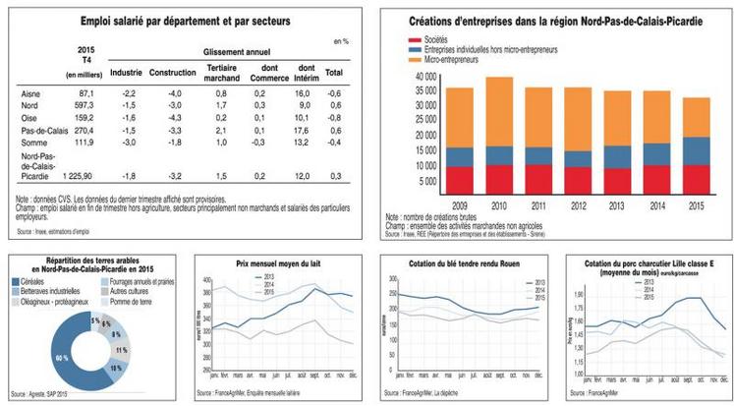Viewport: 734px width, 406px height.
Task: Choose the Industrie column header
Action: point(126,73)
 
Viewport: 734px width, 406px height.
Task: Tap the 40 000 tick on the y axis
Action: point(424,76)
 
